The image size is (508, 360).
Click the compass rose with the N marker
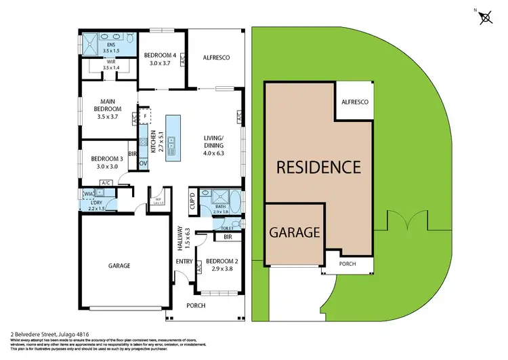point(484,18)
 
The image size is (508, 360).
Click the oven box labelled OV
point(143,163)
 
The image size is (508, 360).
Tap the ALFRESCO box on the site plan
point(354,102)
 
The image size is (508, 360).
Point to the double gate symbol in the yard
point(406,220)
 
